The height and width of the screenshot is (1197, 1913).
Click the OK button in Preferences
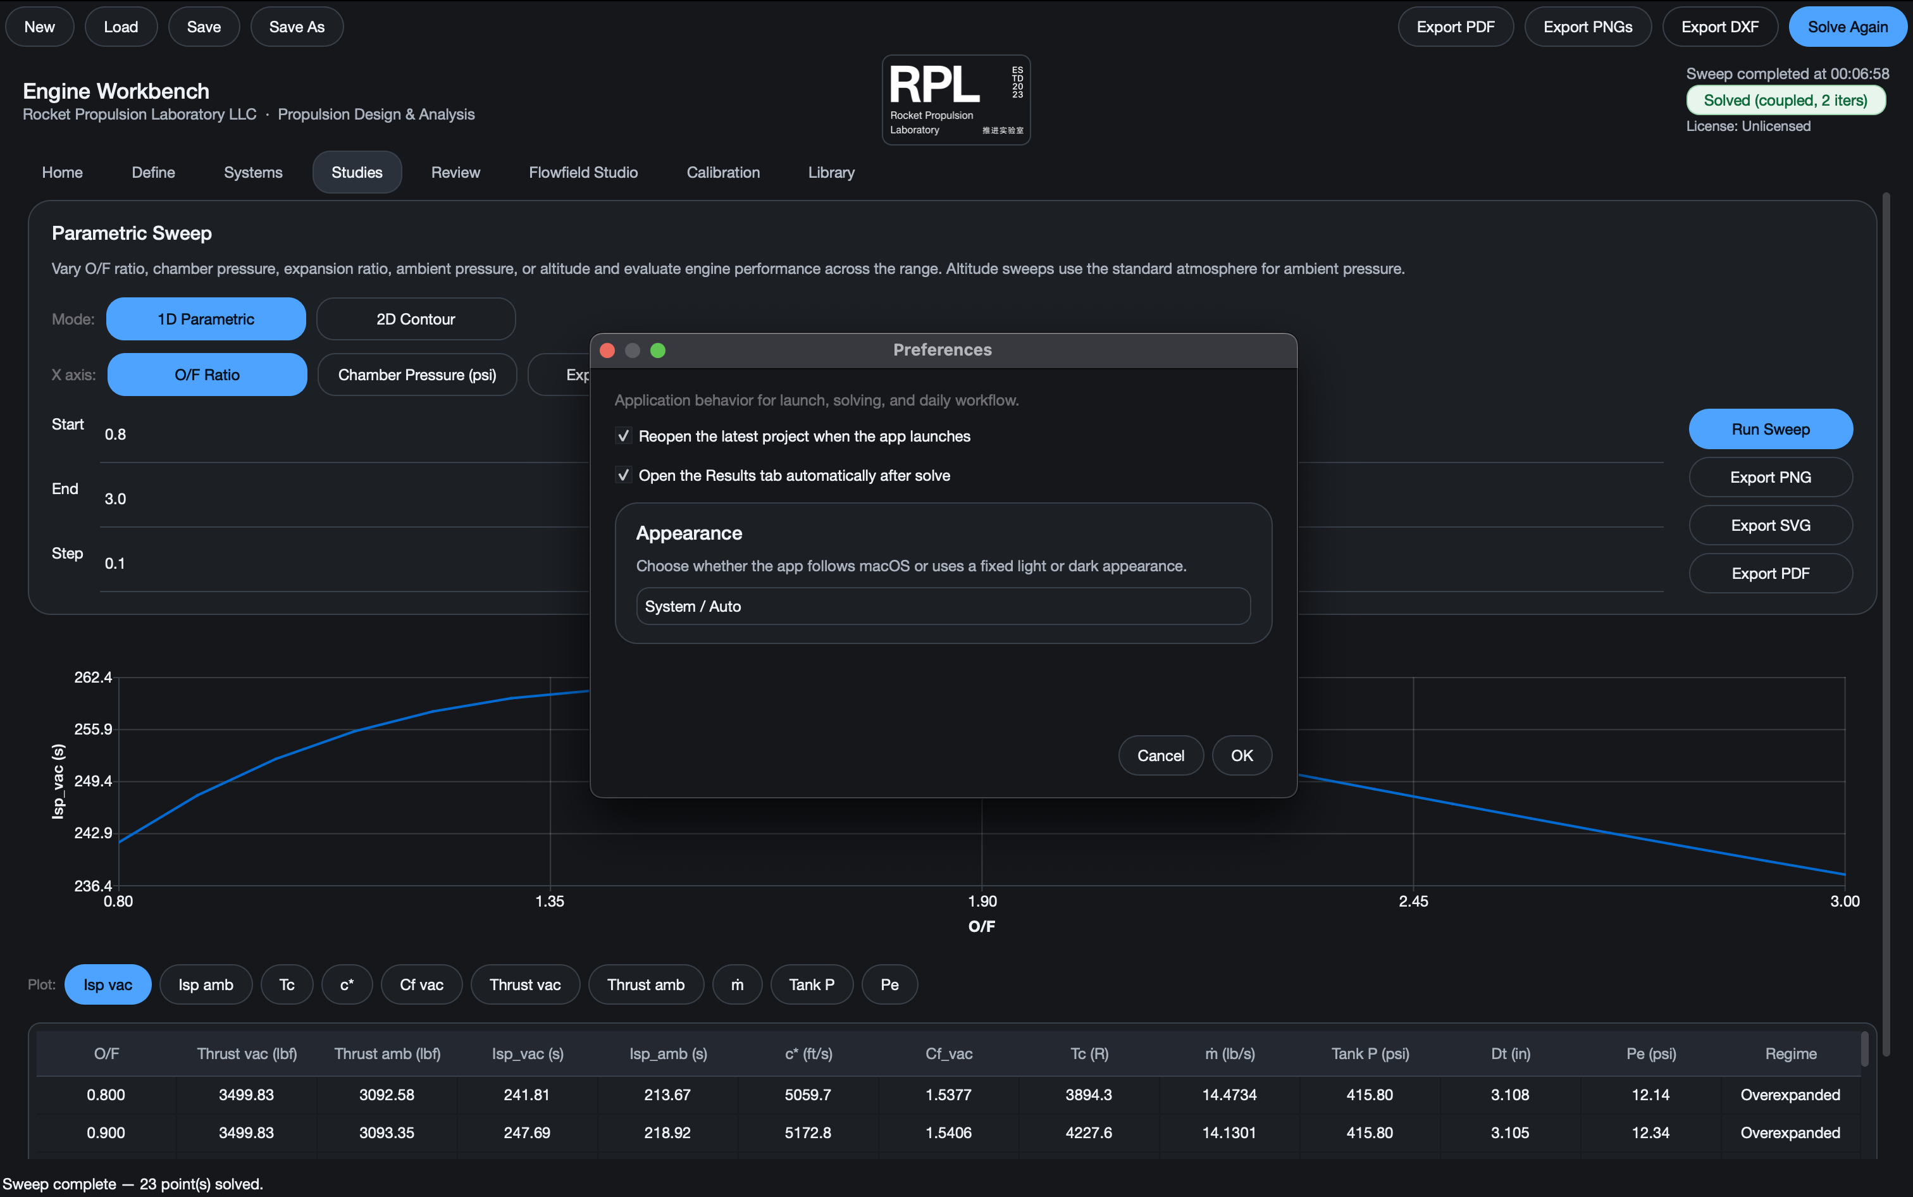tap(1242, 755)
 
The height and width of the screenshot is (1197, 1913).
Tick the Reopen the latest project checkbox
tap(624, 436)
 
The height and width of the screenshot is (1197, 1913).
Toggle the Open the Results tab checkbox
tap(624, 475)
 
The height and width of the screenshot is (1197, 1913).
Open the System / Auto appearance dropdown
tap(943, 607)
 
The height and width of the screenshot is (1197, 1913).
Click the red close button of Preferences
tap(608, 350)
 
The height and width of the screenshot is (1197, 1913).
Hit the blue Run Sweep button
tap(1771, 429)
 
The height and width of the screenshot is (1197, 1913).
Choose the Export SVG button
tap(1771, 526)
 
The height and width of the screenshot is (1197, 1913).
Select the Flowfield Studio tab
tap(583, 172)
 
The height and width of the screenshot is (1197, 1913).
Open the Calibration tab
tap(722, 172)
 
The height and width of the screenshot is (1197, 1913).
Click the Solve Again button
tap(1847, 27)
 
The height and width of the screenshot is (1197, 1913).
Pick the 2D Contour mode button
tap(416, 319)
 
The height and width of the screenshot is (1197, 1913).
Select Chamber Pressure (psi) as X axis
tap(417, 375)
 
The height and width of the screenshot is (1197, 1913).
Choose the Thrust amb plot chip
tap(646, 985)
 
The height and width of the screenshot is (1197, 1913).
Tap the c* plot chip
tap(347, 985)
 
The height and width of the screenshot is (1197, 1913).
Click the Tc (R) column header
tap(1089, 1054)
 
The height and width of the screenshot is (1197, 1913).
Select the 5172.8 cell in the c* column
tap(807, 1133)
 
